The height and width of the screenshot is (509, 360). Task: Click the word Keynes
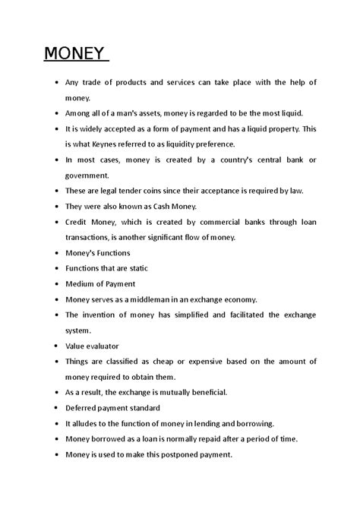126,144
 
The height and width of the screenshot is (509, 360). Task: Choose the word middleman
156,299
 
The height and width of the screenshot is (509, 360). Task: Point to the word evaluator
103,346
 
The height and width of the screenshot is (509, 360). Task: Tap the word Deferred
85,408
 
